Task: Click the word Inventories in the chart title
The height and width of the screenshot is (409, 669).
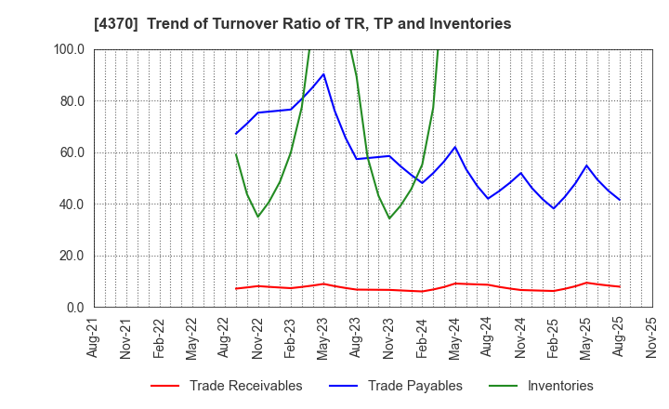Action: (x=472, y=24)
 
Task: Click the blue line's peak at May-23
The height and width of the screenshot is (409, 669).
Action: (x=323, y=74)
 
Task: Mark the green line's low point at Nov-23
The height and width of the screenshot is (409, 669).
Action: (x=389, y=218)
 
